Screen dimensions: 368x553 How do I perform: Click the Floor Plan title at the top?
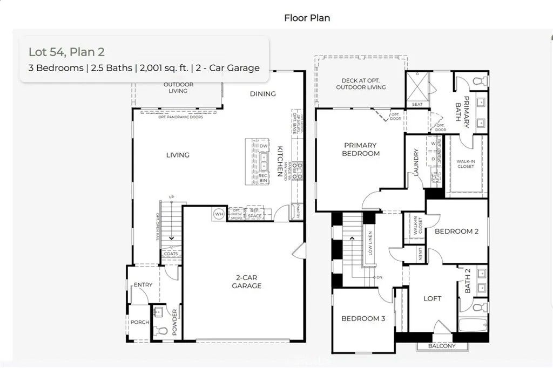click(307, 18)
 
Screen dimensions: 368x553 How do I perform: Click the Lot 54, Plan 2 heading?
click(66, 52)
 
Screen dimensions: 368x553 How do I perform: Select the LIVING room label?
click(178, 155)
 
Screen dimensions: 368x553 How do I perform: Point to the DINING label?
click(263, 93)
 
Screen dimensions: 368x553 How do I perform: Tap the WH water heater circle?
click(219, 214)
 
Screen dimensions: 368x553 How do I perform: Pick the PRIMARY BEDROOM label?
click(361, 149)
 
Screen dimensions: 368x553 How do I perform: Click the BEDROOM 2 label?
click(457, 231)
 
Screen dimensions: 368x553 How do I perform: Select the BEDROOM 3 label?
click(363, 318)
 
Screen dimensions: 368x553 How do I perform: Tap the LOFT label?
click(432, 298)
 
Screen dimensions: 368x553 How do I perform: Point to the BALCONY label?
click(442, 346)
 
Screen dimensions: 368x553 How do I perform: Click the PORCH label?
click(139, 322)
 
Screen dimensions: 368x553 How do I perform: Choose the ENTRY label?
click(143, 284)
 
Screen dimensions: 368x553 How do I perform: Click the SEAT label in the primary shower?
click(417, 104)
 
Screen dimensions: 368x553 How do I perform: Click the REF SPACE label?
click(254, 214)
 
